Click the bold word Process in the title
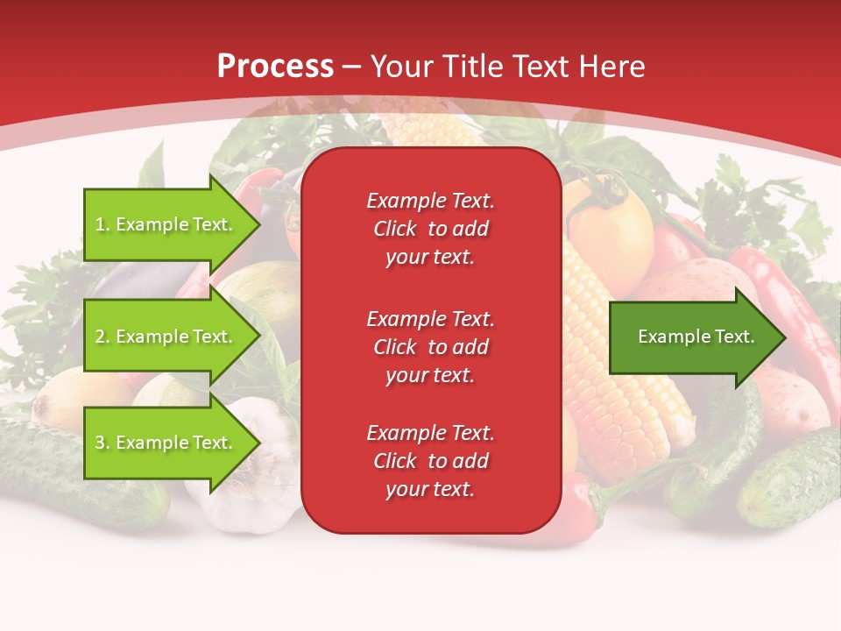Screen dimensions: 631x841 275,66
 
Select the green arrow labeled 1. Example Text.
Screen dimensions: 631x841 166,224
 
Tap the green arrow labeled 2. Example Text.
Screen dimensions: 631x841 166,337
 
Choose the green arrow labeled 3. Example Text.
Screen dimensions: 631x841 166,443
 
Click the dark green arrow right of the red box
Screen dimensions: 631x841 692,337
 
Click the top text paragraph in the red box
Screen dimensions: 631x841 430,229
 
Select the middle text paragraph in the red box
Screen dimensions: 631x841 430,347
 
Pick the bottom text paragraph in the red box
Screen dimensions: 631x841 430,461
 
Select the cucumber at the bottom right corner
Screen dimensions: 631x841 788,482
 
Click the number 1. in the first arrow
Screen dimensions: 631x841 102,224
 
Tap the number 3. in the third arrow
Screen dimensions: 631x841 102,443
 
